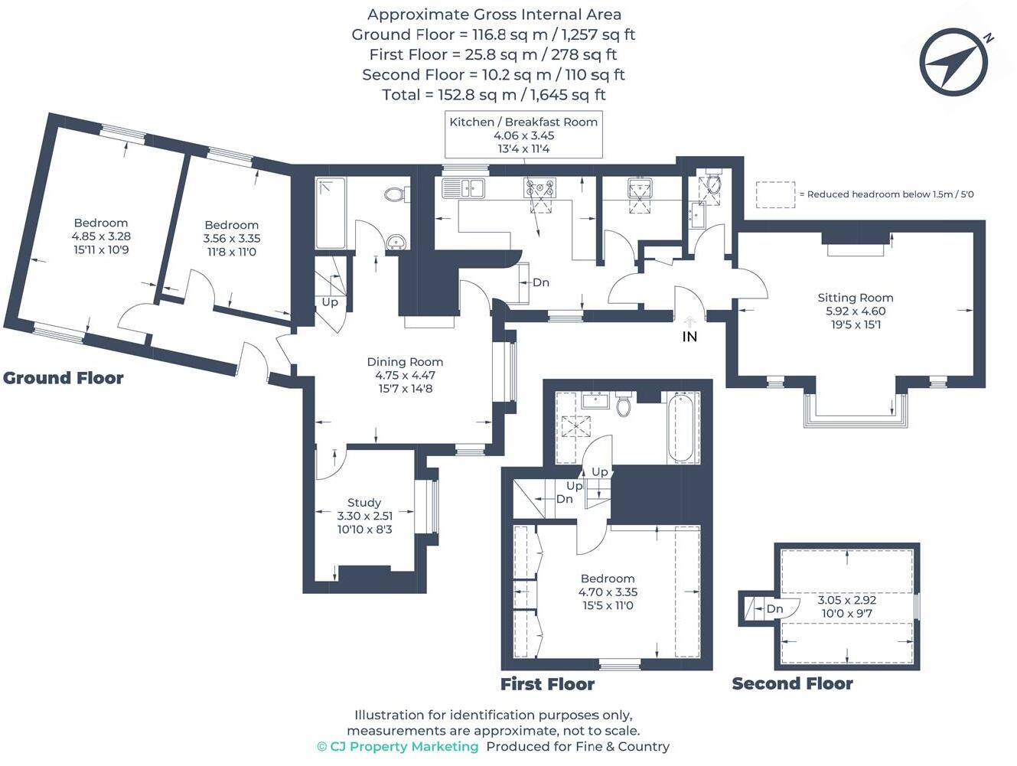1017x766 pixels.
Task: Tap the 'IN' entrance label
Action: point(689,336)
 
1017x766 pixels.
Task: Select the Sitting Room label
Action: point(855,298)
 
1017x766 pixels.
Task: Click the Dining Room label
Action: point(405,362)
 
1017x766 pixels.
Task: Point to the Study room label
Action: point(364,503)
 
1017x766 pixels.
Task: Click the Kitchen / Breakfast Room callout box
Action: point(523,135)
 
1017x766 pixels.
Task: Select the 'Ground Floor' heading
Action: point(64,378)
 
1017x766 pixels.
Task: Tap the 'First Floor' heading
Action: point(547,684)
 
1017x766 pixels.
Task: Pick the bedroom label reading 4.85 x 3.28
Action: point(101,236)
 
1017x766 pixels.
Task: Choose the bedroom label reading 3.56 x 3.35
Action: point(231,238)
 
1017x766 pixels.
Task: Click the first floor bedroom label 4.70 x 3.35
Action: point(608,592)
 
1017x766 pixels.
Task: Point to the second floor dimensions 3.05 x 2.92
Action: point(846,607)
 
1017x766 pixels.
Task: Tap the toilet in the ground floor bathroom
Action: point(395,194)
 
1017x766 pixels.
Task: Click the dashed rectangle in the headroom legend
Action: point(775,194)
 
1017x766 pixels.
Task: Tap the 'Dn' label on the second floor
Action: point(774,609)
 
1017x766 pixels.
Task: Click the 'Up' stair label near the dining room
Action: point(330,302)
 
